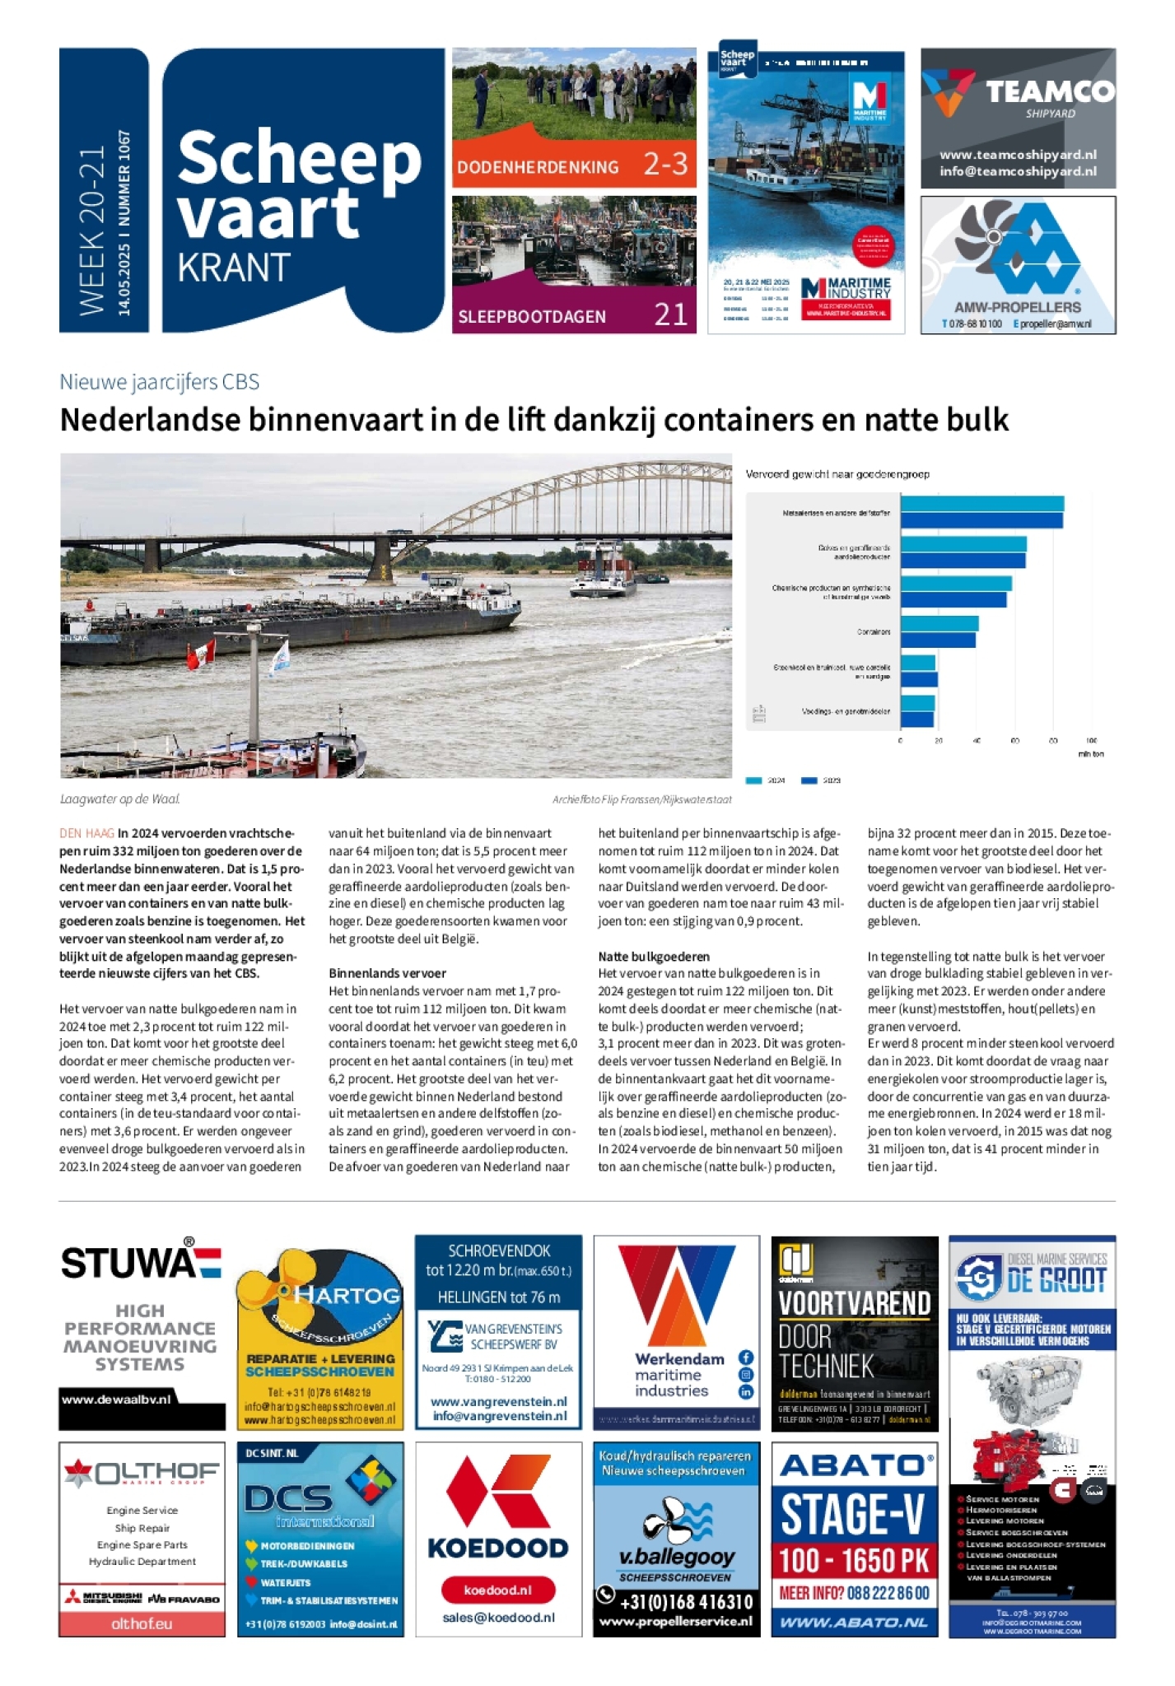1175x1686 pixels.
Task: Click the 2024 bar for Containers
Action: point(940,623)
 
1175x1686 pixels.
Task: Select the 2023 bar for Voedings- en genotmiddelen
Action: point(916,720)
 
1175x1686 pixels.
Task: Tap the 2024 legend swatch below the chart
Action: point(753,780)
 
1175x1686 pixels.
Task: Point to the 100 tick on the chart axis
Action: point(1091,740)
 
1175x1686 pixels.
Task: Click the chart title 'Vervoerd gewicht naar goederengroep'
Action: point(837,474)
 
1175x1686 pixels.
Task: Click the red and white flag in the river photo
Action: point(201,655)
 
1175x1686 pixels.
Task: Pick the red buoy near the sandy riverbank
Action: point(88,604)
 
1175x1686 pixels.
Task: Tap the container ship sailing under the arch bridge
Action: point(603,569)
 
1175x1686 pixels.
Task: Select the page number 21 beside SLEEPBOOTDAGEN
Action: point(670,314)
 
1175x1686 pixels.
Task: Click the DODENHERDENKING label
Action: point(538,167)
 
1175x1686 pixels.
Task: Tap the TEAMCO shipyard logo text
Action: point(1050,91)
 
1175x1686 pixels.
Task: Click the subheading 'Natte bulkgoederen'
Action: point(654,956)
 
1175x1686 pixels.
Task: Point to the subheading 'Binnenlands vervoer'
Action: point(387,973)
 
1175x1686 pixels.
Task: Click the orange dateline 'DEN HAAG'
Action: point(86,833)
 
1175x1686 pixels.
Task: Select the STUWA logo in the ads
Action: point(141,1262)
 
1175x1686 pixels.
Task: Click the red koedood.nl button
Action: point(498,1590)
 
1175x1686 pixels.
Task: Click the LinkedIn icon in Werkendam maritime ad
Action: point(745,1391)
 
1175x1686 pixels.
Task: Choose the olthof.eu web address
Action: point(142,1623)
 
